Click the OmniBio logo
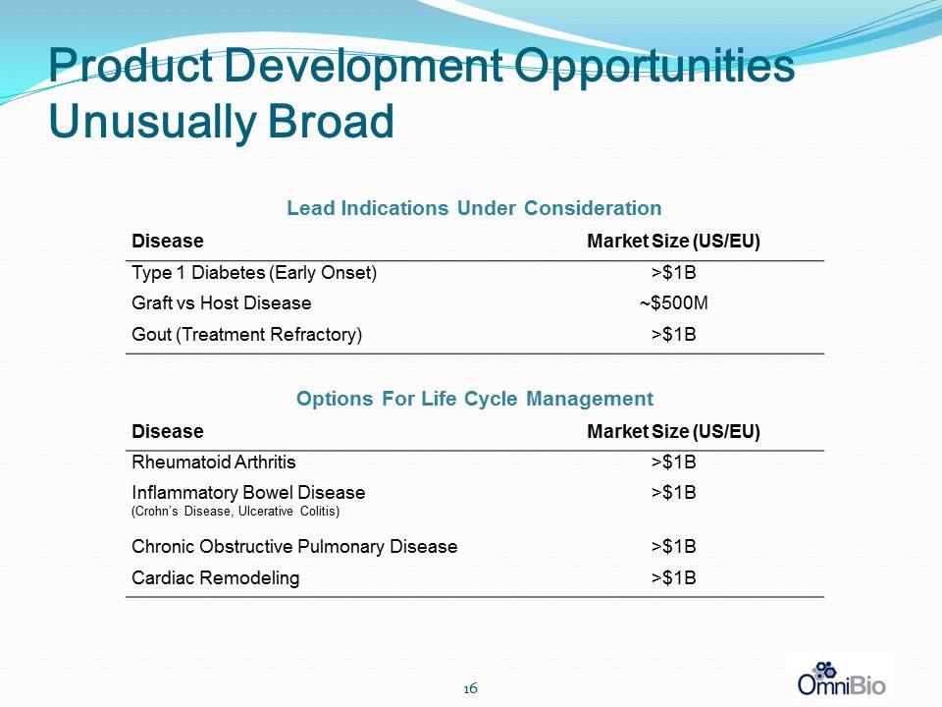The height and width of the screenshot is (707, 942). point(841,679)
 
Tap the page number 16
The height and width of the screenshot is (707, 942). point(470,687)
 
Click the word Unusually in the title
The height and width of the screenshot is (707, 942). point(153,122)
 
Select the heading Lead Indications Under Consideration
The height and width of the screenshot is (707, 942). point(474,208)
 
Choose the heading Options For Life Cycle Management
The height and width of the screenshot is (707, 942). point(475,399)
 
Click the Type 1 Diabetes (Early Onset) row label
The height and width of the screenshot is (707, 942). point(254,273)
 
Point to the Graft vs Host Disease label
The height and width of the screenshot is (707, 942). point(221,303)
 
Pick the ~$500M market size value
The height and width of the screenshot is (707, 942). point(673,303)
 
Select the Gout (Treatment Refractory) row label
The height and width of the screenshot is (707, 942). point(246,334)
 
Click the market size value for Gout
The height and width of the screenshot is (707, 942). point(673,334)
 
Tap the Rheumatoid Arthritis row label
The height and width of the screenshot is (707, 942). point(213,462)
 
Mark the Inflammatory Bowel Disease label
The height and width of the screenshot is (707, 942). point(248,493)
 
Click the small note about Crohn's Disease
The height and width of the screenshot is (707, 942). point(235,512)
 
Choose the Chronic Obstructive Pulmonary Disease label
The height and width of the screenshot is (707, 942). point(294,547)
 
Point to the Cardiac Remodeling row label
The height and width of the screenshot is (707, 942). point(215,577)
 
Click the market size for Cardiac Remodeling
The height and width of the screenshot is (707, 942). point(673,577)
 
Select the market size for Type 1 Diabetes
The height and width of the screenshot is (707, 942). point(673,273)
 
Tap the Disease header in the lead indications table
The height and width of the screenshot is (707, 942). point(167,242)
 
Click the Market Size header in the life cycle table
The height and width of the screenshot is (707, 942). point(673,432)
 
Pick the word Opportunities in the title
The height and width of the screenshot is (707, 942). point(655,68)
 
